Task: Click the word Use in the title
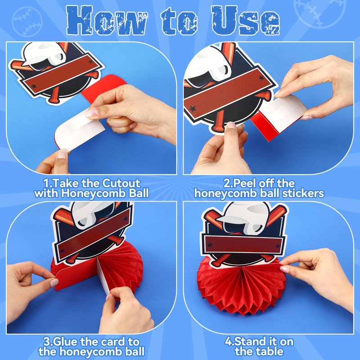click(246, 21)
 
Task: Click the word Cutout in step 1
click(121, 183)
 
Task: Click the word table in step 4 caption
click(271, 351)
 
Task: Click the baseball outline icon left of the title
click(27, 22)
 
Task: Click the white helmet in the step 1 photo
click(44, 55)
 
